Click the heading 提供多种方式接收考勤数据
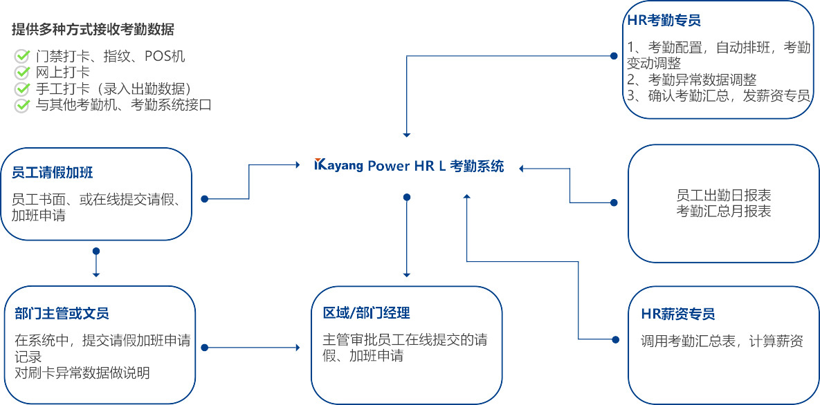coord(93,30)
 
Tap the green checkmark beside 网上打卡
coord(22,72)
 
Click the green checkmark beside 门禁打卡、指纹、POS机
coord(22,56)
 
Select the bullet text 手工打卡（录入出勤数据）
coord(113,88)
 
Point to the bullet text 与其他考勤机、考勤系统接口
coord(123,105)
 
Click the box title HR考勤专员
coord(663,21)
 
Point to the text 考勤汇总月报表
coord(723,211)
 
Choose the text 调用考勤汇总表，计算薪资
coord(722,341)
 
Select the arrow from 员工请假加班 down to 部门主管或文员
coord(96,263)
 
